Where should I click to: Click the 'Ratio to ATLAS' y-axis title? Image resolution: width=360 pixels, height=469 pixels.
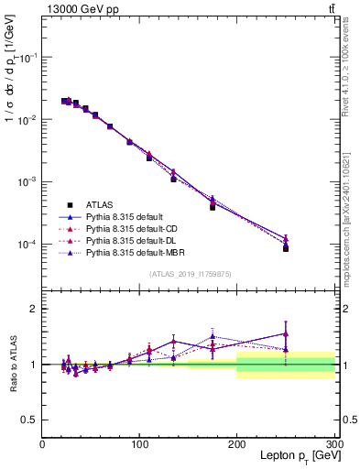tap(14, 363)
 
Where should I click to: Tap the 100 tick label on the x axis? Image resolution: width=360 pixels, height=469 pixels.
tap(140, 444)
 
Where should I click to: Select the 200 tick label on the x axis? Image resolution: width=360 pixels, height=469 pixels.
tap(237, 444)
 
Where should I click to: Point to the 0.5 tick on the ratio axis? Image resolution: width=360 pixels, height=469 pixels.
tap(30, 420)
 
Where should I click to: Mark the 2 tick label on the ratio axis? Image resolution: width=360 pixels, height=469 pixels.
tap(34, 309)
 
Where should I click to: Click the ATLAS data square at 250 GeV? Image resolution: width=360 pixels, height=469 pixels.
tap(286, 248)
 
